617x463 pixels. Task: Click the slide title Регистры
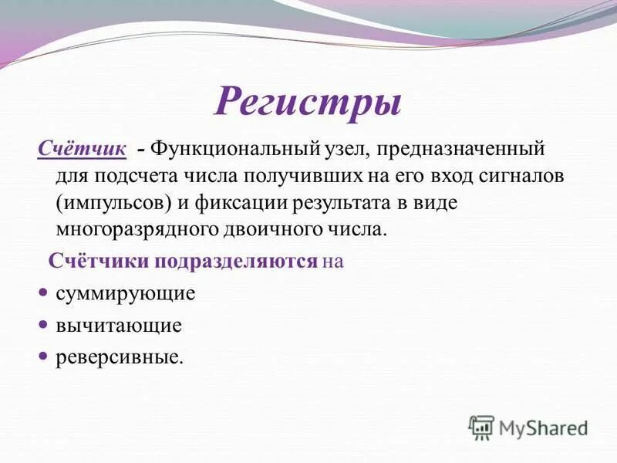tap(307, 101)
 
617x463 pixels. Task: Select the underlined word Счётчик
tap(82, 147)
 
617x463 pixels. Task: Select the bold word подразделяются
tap(236, 261)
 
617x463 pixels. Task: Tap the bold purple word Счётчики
tap(99, 261)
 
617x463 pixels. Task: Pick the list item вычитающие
tap(119, 326)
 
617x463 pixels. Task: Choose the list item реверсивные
tap(120, 357)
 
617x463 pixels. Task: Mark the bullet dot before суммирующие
tap(43, 293)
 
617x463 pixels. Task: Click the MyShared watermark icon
tap(481, 427)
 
